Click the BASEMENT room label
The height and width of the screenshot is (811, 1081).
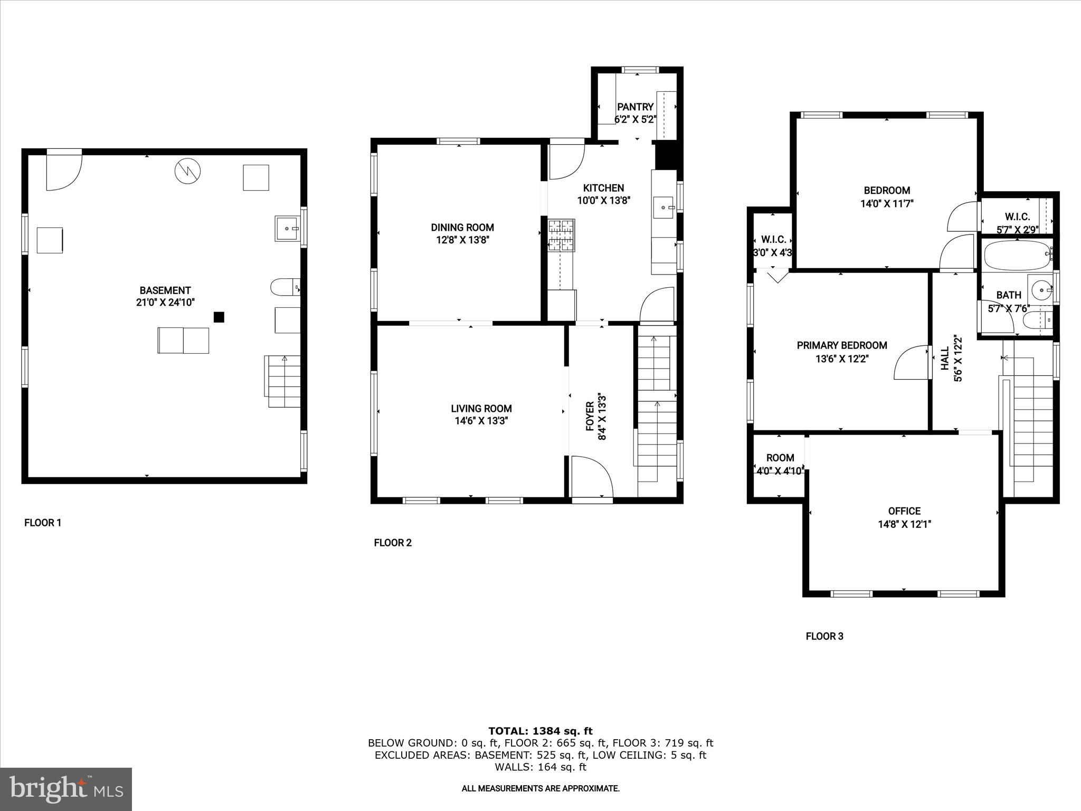165,290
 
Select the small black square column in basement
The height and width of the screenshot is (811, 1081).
219,317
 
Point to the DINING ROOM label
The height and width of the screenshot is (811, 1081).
462,228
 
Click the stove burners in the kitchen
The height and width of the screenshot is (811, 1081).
561,235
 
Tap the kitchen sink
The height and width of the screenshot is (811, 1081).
663,208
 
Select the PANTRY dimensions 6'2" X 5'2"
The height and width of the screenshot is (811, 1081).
635,120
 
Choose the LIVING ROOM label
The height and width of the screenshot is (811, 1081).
481,408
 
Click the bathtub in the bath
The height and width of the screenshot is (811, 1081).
1016,256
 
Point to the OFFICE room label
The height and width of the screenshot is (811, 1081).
904,511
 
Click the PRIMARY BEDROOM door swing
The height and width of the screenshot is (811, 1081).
911,363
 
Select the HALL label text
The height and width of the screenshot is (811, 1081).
945,358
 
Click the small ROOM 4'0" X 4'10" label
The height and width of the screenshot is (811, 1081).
780,458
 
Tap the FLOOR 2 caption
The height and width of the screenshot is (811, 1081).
392,543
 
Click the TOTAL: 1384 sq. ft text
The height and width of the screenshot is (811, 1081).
540,731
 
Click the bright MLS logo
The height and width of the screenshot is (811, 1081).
66,789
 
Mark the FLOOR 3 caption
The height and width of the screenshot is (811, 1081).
824,636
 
